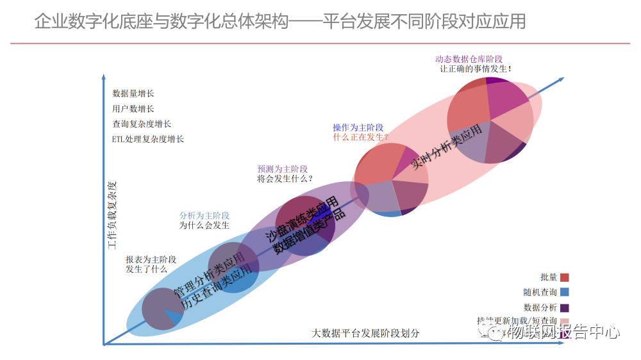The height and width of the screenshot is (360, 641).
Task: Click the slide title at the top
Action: click(x=279, y=21)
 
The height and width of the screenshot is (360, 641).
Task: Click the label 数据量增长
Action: click(x=133, y=94)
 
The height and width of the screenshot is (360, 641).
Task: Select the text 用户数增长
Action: click(x=133, y=109)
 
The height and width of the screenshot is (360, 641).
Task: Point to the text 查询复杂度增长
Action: click(x=142, y=124)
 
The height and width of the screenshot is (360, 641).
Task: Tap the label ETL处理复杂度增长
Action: click(x=148, y=139)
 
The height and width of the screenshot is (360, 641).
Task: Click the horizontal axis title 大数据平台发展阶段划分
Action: click(x=366, y=334)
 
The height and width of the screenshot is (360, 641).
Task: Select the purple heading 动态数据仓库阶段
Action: click(x=469, y=59)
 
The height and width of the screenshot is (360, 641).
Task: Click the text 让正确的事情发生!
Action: click(x=475, y=69)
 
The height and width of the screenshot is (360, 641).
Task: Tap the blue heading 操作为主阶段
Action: click(x=358, y=127)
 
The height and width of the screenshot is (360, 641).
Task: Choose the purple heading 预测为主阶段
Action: click(x=283, y=169)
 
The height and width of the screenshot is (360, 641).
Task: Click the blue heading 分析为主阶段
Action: click(x=204, y=216)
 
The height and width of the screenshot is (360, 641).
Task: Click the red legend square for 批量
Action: click(x=565, y=277)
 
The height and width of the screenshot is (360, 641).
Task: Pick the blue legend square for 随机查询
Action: click(x=565, y=292)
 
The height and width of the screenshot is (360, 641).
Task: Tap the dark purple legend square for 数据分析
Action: click(x=565, y=307)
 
